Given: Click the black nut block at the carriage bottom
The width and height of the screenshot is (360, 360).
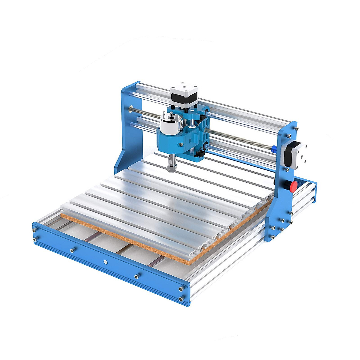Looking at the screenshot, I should tap(200, 154).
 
